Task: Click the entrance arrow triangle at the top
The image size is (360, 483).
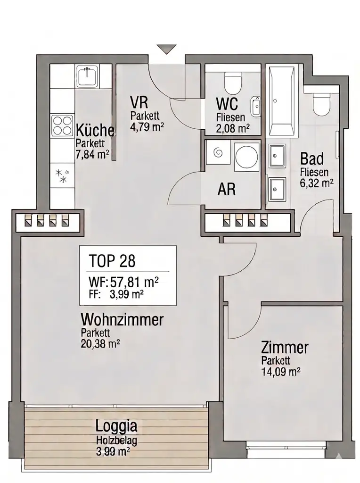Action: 166,49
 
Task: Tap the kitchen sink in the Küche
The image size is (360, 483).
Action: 87,76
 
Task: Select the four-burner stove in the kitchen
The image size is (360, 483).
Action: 63,126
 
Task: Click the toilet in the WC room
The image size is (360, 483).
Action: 232,83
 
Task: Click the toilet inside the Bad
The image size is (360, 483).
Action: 323,104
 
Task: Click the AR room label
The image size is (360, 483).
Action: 226,190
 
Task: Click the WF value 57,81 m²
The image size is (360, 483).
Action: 134,283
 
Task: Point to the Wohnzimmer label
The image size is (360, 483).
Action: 122,320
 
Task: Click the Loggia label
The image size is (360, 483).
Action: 116,426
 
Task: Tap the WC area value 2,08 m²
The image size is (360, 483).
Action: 232,127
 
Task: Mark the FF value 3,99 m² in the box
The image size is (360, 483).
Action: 127,294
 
